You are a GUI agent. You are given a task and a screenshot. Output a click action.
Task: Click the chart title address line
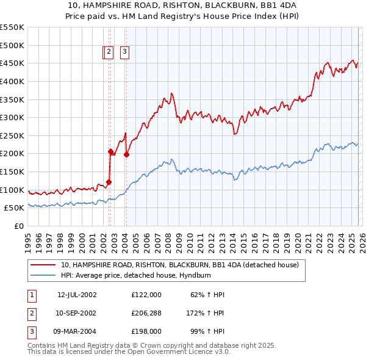[183, 5]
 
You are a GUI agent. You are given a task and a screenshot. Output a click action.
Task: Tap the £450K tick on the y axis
[12, 63]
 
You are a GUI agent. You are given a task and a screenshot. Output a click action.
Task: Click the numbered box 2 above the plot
[109, 52]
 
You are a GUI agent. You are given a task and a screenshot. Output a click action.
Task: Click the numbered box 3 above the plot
[124, 52]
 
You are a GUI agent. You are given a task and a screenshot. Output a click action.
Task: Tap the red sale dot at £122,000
[109, 181]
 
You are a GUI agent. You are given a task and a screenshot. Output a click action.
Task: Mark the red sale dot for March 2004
[126, 154]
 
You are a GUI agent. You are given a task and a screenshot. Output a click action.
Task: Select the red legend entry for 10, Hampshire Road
[179, 265]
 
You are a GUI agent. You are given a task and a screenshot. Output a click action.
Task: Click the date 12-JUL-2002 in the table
[77, 294]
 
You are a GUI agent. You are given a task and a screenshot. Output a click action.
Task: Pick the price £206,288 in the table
[146, 313]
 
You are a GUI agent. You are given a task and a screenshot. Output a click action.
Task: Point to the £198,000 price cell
[146, 331]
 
